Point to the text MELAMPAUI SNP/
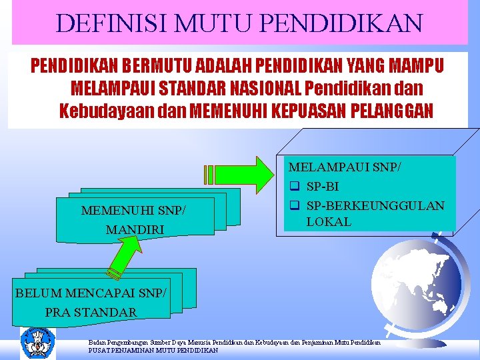344,167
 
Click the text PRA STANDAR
91,311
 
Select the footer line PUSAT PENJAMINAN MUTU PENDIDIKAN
153,350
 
